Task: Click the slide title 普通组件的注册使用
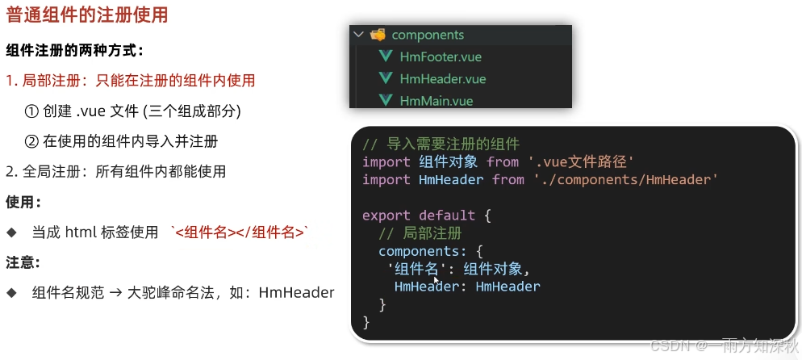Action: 87,16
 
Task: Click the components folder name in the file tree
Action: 428,35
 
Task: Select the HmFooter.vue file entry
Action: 440,57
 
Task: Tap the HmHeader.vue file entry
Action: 442,78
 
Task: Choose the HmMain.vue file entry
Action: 436,100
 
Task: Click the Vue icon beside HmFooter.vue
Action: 385,57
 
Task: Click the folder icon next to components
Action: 378,35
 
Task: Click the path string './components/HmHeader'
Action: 625,179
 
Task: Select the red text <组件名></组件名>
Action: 240,232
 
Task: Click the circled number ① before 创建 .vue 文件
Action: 31,111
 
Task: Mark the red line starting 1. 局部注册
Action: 130,80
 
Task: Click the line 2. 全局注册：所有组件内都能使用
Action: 115,171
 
